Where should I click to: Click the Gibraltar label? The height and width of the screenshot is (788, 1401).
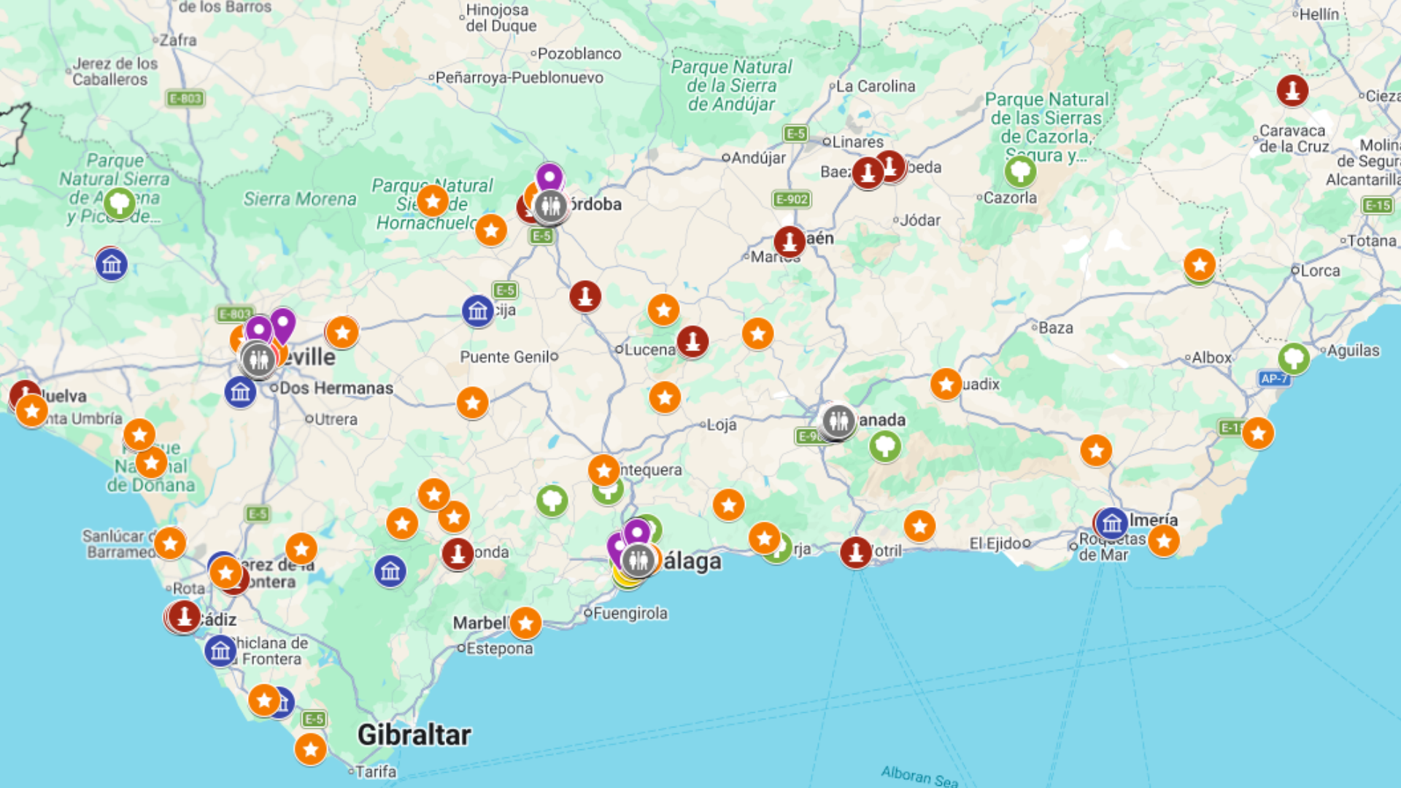(x=414, y=735)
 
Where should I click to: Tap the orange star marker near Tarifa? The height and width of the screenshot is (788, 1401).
(x=310, y=749)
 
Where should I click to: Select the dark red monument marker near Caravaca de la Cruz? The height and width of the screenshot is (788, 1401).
(x=1292, y=90)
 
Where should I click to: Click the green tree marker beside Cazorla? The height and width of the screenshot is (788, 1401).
(x=1019, y=172)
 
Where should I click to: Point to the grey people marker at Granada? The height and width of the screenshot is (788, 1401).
(x=838, y=421)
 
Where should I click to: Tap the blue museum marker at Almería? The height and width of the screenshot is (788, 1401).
(x=1111, y=523)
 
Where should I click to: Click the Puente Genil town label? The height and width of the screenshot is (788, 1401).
(x=505, y=357)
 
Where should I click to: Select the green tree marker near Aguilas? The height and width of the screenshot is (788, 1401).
(x=1294, y=358)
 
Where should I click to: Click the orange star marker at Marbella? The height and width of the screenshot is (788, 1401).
(x=525, y=622)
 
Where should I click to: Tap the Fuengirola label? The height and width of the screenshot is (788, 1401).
(x=630, y=613)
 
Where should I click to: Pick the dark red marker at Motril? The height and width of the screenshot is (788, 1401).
(x=855, y=552)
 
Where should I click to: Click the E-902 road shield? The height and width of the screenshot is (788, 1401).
(x=792, y=199)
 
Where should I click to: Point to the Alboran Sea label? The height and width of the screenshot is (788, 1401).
(x=919, y=776)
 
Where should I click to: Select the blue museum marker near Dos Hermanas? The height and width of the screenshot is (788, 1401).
(x=240, y=393)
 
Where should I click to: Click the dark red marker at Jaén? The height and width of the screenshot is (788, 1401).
(x=789, y=241)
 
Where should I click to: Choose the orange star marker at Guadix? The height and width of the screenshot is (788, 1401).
(x=946, y=384)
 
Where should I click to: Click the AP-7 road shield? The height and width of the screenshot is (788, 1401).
(x=1273, y=378)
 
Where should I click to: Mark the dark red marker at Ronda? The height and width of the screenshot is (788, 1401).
(x=458, y=554)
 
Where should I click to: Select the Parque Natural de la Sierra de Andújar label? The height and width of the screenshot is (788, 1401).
(x=731, y=85)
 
